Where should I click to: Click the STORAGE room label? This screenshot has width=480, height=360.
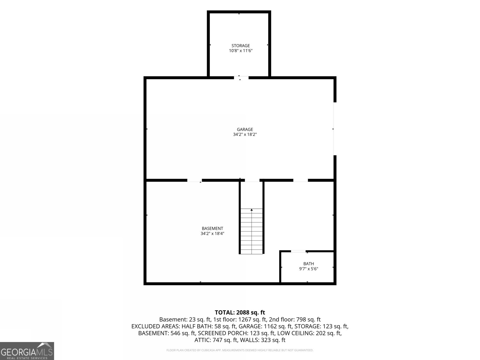(x=241, y=46)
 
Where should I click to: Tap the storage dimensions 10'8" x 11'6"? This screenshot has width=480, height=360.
(x=241, y=51)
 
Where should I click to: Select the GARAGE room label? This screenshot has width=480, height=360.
(x=245, y=129)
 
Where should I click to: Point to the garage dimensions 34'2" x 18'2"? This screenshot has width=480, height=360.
(x=245, y=134)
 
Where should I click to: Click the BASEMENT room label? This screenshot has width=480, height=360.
(x=212, y=228)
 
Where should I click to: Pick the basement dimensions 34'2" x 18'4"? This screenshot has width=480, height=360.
(x=212, y=233)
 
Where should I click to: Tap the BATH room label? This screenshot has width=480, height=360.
(x=309, y=264)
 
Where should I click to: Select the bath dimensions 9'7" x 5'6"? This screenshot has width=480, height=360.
(x=309, y=269)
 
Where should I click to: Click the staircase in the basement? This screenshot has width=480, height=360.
(x=251, y=231)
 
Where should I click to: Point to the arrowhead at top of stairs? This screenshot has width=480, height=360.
(x=252, y=210)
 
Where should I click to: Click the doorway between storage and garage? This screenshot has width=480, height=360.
(x=241, y=78)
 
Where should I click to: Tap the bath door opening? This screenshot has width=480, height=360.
(x=298, y=251)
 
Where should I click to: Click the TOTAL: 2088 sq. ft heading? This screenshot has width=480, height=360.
(x=240, y=312)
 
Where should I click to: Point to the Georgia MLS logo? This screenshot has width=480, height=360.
(x=27, y=351)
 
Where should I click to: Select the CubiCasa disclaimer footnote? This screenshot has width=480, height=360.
(x=240, y=350)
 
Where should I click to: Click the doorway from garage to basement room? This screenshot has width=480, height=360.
(x=194, y=180)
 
